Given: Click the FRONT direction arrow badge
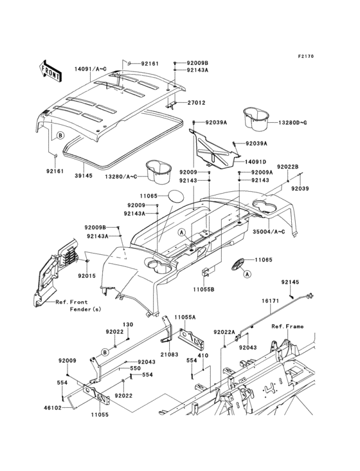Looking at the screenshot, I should pos(51,66).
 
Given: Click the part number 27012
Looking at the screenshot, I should pos(196,102).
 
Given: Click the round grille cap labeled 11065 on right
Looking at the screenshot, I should pos(239,262).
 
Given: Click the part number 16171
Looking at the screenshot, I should pos(269,300).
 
